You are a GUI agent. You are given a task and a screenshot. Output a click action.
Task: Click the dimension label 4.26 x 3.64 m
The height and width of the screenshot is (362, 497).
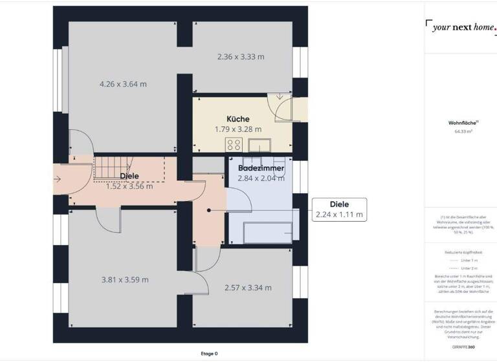[x=123, y=84]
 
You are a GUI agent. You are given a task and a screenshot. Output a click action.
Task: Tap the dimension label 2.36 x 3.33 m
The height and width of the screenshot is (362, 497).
[x=241, y=56]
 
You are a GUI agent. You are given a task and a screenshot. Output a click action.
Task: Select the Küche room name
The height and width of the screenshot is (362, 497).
[x=238, y=119]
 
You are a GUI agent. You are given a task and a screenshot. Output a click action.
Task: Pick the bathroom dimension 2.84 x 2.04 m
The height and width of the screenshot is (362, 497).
[x=261, y=178]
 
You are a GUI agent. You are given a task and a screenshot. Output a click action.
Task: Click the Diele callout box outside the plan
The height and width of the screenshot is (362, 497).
[x=339, y=209]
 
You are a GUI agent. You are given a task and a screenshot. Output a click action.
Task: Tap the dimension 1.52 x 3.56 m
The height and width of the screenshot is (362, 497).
[x=129, y=187]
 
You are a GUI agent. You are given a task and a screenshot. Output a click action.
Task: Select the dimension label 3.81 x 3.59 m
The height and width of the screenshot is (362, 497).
[x=125, y=280]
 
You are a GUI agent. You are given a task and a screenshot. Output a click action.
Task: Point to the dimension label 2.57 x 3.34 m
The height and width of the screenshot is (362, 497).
[x=248, y=288]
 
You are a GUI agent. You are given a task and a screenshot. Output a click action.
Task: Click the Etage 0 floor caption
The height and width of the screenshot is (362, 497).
[x=209, y=354]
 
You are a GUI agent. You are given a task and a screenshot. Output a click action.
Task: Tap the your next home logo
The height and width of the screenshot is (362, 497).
[x=462, y=27]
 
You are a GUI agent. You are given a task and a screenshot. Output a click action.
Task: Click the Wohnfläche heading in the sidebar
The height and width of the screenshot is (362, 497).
[x=463, y=122]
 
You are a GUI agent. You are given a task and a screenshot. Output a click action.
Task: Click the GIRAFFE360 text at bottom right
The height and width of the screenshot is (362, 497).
[x=462, y=347]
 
